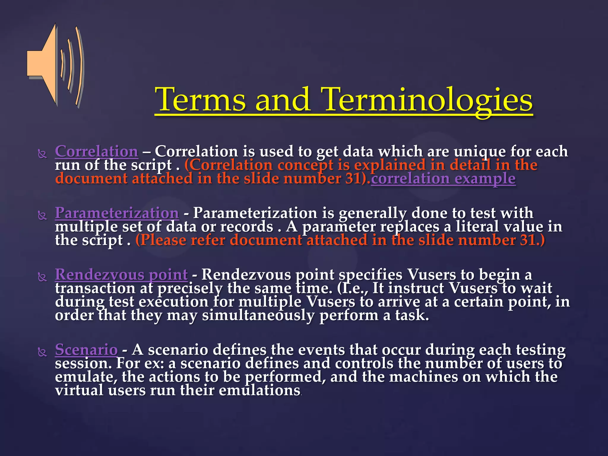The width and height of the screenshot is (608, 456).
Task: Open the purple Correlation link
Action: click(96, 151)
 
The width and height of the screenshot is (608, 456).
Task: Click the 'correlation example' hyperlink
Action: click(443, 179)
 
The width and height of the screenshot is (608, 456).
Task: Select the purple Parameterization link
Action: click(117, 213)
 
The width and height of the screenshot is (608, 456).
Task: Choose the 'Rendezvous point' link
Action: click(121, 275)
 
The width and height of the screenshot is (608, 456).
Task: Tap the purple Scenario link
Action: click(86, 350)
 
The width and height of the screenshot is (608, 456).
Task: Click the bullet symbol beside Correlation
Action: click(42, 154)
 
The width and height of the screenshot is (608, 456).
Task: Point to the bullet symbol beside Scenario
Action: click(42, 352)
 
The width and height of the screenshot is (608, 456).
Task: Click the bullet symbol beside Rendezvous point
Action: click(42, 277)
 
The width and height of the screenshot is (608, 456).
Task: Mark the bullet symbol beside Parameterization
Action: click(42, 216)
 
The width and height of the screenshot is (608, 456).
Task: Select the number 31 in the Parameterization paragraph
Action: click(528, 240)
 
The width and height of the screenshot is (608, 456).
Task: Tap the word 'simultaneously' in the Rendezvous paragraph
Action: click(258, 315)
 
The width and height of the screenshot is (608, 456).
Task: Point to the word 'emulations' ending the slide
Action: click(259, 390)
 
